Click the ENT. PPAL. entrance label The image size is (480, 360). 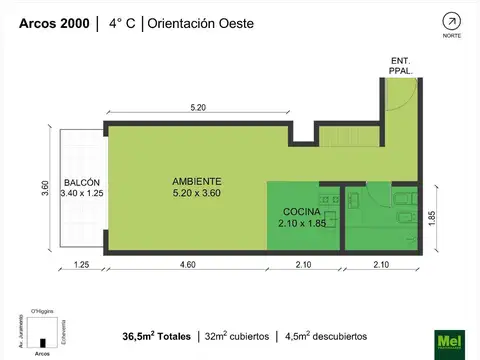point(400,66)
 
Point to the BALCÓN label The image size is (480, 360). point(81,182)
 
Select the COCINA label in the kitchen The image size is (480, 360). point(301,213)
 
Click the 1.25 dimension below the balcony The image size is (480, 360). point(81,265)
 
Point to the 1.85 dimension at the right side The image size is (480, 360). point(432,218)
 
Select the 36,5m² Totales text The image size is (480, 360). point(155,337)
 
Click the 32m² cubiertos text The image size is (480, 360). point(236,337)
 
